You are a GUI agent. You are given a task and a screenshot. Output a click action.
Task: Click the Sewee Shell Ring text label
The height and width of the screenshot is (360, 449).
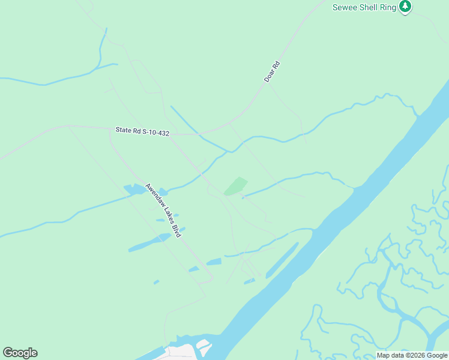(x=364, y=7)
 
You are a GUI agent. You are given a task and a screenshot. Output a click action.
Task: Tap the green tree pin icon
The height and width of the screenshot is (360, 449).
(x=405, y=7)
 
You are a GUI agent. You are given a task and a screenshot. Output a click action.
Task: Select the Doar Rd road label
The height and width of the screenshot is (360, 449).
(x=272, y=72)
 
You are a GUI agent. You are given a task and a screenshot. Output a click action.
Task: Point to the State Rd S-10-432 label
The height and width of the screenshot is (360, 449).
(x=142, y=131)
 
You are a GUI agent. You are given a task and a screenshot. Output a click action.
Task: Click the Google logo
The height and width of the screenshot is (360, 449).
(x=20, y=353)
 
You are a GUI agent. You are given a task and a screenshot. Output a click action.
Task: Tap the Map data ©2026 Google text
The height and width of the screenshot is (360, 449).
(x=412, y=355)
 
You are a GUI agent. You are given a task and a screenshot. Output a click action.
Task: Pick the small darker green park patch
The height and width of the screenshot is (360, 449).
(x=236, y=186)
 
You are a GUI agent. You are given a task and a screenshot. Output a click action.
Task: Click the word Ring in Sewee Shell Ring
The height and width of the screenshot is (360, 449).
(x=388, y=7)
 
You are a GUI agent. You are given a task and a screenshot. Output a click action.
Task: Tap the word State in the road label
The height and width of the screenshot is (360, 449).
(x=124, y=130)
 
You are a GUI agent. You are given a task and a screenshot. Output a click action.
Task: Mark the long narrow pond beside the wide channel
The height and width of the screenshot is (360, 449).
(x=282, y=260)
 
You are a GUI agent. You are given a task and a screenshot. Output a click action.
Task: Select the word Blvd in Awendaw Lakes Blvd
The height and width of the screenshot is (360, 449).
(x=176, y=231)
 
